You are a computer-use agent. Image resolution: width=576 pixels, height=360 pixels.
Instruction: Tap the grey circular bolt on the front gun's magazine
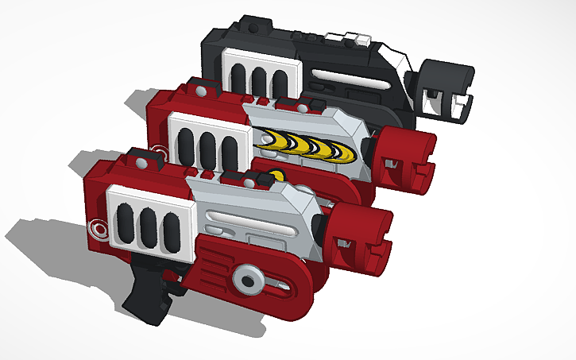[249, 280]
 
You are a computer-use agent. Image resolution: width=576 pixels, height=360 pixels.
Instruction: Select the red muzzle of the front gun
[361, 238]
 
